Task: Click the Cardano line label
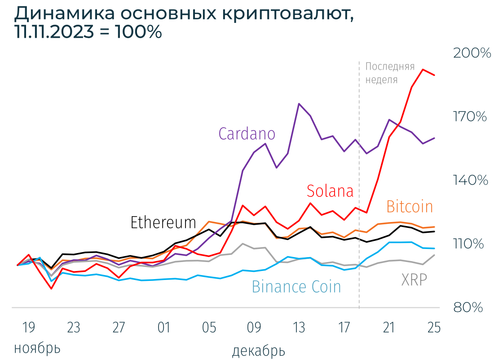pos(247,133)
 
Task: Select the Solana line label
pos(330,191)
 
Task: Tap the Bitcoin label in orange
pos(410,207)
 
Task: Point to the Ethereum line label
pos(163,222)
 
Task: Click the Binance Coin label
pos(296,287)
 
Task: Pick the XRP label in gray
pos(414,280)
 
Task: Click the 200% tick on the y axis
pos(472,53)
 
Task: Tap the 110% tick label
pos(469,244)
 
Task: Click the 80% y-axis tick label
pos(468,308)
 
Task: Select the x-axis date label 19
pos(28,328)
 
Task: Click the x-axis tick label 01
pos(163,328)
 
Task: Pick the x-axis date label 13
pos(299,328)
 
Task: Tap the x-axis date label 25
pos(434,328)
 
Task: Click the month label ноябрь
pos(37,348)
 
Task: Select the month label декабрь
pos(259,351)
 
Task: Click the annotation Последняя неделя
pos(389,73)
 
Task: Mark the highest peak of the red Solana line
pos(423,69)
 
